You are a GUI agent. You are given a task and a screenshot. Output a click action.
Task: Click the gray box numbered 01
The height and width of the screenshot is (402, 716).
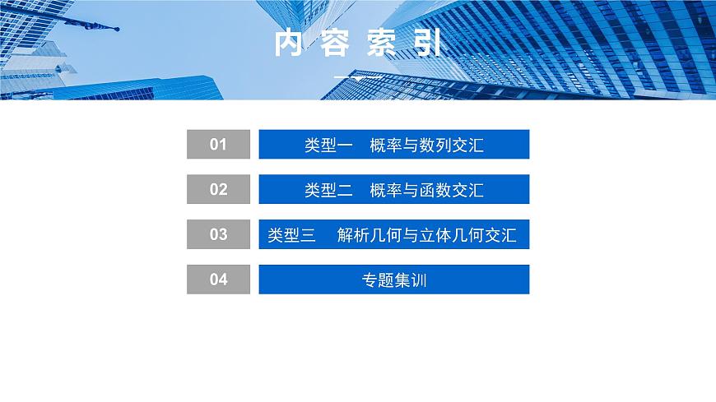point(218,145)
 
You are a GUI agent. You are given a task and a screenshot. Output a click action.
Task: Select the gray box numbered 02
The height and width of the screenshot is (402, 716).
point(218,190)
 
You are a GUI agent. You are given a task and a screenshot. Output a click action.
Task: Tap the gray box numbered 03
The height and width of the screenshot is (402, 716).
point(218,234)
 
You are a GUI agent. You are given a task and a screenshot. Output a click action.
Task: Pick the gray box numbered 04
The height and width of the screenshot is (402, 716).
point(218,280)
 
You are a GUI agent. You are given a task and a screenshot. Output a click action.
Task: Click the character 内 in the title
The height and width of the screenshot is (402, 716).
point(288,44)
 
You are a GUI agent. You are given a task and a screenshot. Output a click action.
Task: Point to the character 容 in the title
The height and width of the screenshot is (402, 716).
point(336,44)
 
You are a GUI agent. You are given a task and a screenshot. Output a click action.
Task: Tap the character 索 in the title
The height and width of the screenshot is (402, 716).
point(382,44)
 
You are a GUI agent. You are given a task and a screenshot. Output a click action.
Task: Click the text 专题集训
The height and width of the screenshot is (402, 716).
point(393,280)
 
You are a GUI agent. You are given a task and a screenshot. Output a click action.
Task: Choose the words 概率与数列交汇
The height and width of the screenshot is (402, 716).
point(426,146)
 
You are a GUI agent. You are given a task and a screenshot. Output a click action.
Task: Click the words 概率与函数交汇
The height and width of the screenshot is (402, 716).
point(426,190)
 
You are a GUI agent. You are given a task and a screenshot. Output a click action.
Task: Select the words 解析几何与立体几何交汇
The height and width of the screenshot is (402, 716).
point(426,235)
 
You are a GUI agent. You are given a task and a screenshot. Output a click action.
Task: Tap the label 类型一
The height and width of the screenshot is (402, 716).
point(328,146)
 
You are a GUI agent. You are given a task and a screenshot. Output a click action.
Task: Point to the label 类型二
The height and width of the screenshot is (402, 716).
point(328,190)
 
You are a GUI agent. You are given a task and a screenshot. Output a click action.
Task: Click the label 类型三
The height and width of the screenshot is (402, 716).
point(292,235)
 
